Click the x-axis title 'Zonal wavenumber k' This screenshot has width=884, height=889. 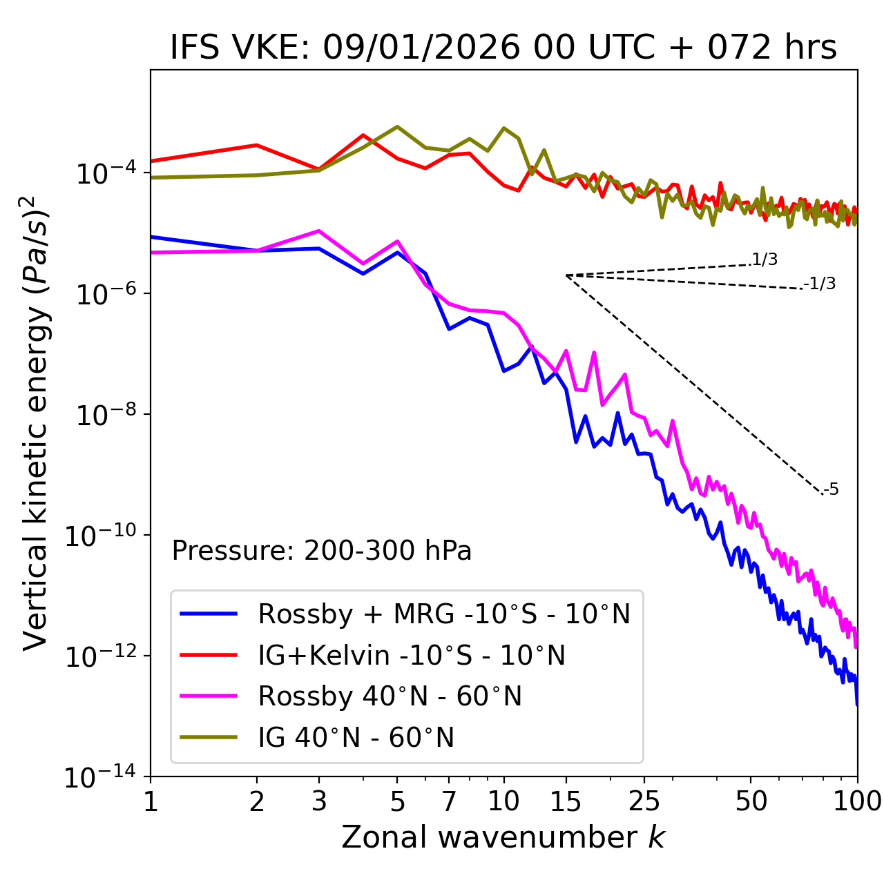pyautogui.click(x=503, y=837)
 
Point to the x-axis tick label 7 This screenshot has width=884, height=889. pyautogui.click(x=449, y=801)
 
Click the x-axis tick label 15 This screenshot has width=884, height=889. pyautogui.click(x=566, y=801)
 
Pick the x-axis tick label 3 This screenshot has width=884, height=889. pyautogui.click(x=319, y=801)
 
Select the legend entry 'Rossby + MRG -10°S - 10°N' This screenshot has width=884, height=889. pyautogui.click(x=444, y=614)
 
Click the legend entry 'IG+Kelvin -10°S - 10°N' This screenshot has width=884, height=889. pyautogui.click(x=412, y=655)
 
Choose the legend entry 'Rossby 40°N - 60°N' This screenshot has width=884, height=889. pyautogui.click(x=390, y=696)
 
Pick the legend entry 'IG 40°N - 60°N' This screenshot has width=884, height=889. pyautogui.click(x=356, y=738)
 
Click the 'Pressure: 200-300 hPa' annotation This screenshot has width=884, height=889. pyautogui.click(x=322, y=551)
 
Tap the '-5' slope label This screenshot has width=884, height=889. pyautogui.click(x=831, y=490)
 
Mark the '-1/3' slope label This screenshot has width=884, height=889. pyautogui.click(x=820, y=284)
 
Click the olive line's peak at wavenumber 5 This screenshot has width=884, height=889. pyautogui.click(x=397, y=126)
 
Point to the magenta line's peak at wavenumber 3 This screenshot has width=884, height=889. pyautogui.click(x=319, y=231)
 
